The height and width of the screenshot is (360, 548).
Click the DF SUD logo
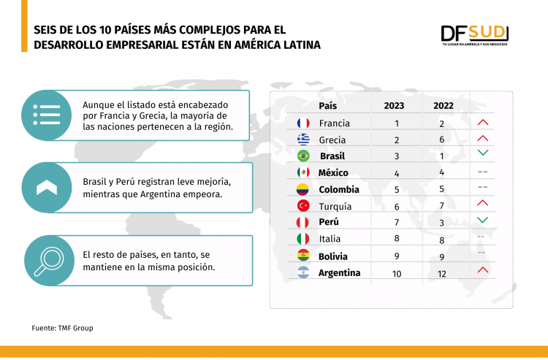(x=474, y=34)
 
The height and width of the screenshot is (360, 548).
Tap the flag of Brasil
(x=303, y=156)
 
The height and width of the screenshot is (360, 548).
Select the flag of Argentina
(x=303, y=273)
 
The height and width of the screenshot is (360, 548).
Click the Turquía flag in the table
(x=303, y=206)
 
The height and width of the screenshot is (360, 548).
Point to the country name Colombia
(x=338, y=190)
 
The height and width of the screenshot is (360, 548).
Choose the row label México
(x=333, y=173)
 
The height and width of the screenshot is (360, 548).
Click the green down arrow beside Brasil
(x=482, y=153)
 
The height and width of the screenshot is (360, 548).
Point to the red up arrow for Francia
(x=482, y=122)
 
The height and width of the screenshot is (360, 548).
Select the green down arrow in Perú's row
(x=482, y=220)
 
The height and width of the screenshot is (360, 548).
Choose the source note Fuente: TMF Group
(x=62, y=328)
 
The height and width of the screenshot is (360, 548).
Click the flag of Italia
(x=303, y=239)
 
